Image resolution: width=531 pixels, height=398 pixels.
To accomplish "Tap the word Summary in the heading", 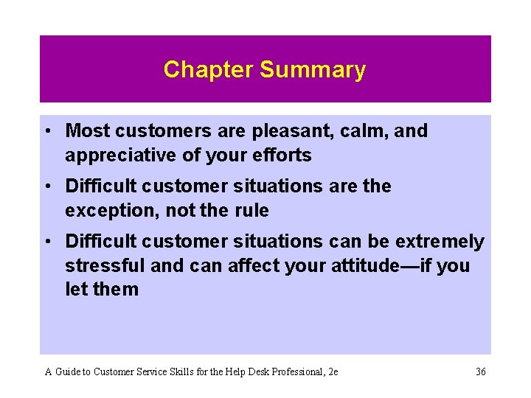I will [x=313, y=69].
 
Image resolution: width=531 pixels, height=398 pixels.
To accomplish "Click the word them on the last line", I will [x=117, y=289].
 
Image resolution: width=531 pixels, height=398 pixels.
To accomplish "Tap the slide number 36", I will [x=480, y=372].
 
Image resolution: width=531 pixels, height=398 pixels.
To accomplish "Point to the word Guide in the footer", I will [x=67, y=372].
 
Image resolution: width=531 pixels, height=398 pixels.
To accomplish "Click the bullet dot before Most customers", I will [x=46, y=132].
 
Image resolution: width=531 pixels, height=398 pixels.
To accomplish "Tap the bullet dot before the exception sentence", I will [x=46, y=187].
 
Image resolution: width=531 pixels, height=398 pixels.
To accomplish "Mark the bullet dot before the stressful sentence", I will [x=46, y=242].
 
